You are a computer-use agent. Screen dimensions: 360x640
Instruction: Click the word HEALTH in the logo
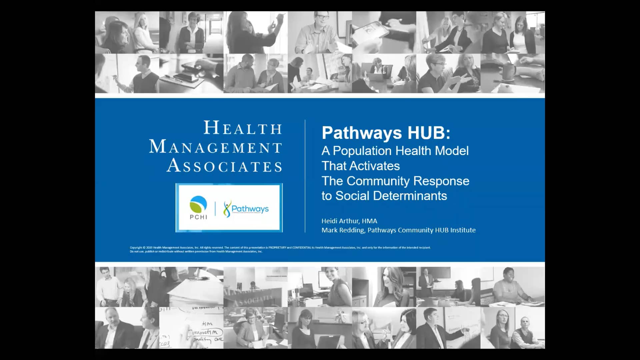(x=243, y=128)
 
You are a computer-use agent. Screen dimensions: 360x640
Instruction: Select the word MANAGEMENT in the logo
(x=216, y=147)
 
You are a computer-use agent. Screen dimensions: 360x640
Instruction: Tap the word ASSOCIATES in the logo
(x=224, y=166)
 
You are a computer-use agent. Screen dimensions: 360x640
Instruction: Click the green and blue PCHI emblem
(x=198, y=204)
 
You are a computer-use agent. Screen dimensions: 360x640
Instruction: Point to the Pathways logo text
(x=250, y=209)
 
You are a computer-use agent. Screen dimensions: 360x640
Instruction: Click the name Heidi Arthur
(x=340, y=221)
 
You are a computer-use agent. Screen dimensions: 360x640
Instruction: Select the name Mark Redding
(x=343, y=230)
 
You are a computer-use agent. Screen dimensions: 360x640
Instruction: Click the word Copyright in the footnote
(x=136, y=248)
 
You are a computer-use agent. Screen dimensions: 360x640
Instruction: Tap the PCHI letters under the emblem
(x=198, y=217)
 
